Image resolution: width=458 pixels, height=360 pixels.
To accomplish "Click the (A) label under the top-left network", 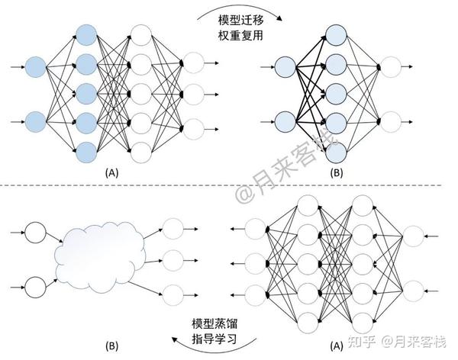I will pos(112,174).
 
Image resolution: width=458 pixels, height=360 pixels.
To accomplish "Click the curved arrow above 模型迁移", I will pos(229,9).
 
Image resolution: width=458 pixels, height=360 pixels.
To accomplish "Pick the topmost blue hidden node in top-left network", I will pos(86,34).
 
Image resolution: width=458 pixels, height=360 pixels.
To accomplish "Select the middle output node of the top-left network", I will pos(192,94).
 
